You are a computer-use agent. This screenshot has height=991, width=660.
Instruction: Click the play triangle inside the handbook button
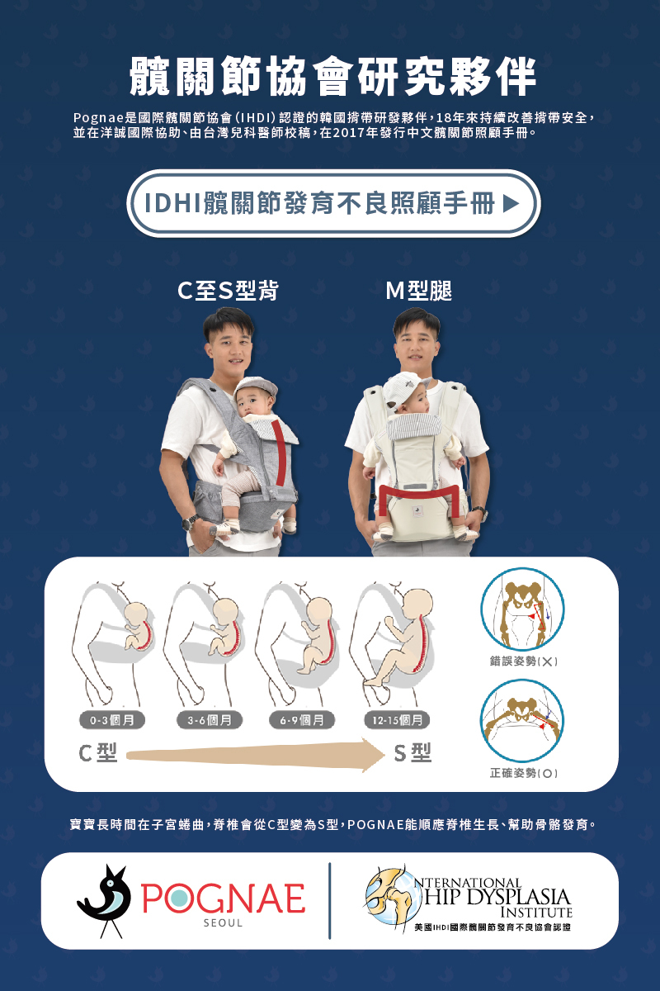tap(511, 203)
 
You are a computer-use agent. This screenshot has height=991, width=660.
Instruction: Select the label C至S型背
tap(229, 291)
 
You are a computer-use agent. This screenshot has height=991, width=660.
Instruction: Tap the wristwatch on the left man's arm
tap(191, 522)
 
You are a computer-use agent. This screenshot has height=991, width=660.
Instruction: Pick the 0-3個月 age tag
tap(112, 720)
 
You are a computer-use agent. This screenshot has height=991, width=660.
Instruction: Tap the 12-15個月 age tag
tap(397, 720)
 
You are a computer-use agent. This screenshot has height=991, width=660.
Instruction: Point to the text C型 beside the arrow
tap(97, 753)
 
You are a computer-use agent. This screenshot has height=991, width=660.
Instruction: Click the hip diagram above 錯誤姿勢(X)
tap(522, 609)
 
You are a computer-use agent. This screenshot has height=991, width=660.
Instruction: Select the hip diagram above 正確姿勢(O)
tap(522, 721)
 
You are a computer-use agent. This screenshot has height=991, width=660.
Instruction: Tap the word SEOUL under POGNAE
tap(224, 923)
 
